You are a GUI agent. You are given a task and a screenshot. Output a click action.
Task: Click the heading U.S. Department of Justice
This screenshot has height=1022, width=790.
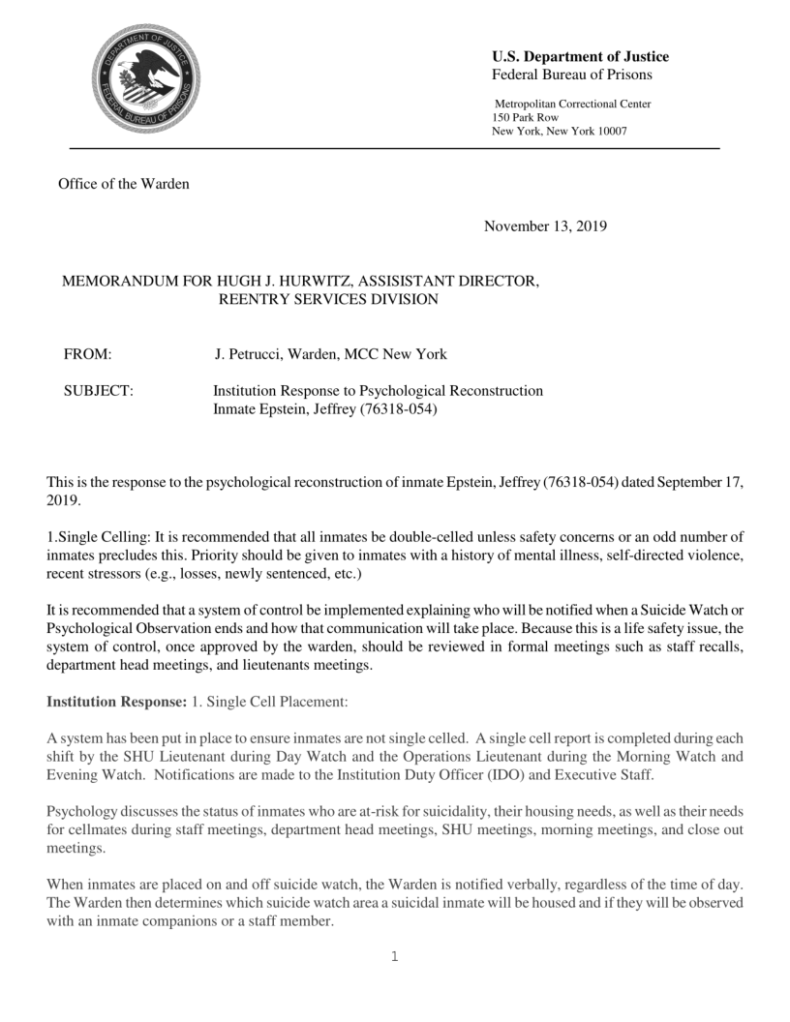coord(581,56)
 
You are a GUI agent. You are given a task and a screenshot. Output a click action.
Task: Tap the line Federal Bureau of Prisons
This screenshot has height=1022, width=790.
coord(572,75)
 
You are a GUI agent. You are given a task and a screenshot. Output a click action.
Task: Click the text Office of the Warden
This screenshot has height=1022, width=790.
coord(124,185)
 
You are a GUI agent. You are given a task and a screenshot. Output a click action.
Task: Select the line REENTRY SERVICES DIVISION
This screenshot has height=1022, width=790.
coord(328,299)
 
